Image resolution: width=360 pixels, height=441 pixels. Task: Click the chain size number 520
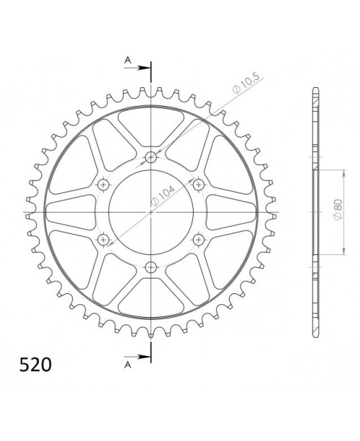pyautogui.click(x=31, y=365)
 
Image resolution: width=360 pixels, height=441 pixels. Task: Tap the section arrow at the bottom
pyautogui.click(x=140, y=355)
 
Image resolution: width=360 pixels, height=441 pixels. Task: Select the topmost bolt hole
pyautogui.click(x=150, y=158)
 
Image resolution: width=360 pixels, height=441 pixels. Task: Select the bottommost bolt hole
pyautogui.click(x=150, y=267)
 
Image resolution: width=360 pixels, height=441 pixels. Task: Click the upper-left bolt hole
pyautogui.click(x=103, y=185)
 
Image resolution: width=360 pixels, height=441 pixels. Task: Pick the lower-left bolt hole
pyautogui.click(x=103, y=239)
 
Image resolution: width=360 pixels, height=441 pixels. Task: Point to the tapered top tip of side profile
pyautogui.click(x=315, y=92)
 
